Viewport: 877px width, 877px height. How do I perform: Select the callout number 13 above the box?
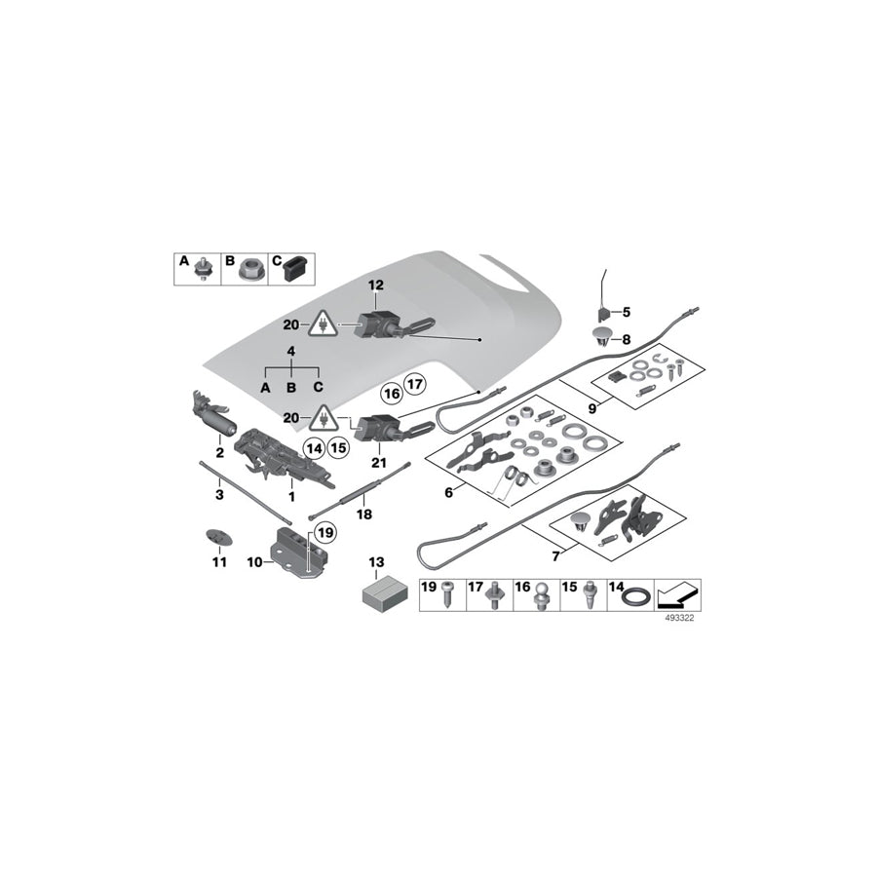376,563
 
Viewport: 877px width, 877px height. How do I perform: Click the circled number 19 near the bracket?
324,533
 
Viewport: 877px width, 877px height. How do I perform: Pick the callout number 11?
219,562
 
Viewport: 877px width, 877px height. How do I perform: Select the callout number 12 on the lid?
376,285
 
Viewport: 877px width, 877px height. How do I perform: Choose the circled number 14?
314,448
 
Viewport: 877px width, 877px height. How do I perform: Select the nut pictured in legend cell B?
248,268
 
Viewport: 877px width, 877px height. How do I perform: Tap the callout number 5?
626,312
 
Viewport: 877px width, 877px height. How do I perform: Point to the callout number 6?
449,492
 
